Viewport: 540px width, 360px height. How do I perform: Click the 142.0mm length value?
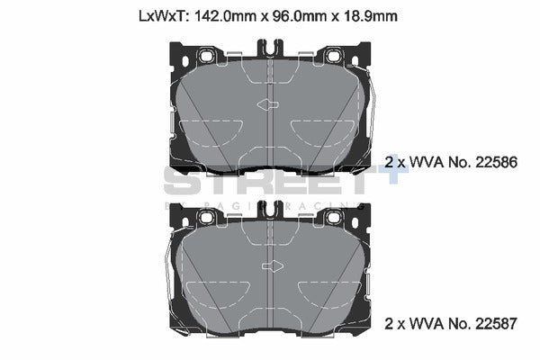[x=225, y=15]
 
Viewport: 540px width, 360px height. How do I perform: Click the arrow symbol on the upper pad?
[x=269, y=105]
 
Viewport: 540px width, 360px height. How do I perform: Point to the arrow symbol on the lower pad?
[x=269, y=267]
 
